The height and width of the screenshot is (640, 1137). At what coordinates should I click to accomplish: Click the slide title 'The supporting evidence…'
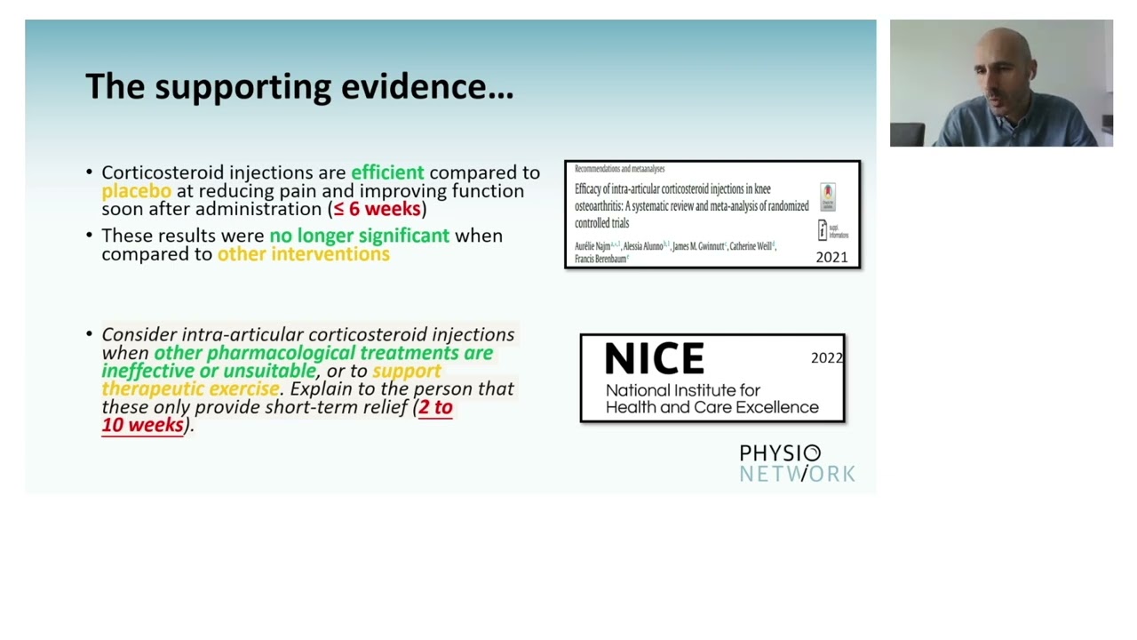[299, 87]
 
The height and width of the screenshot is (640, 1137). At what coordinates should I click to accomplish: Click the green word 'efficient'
[387, 172]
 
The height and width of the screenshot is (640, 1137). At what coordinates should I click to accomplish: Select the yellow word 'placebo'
[136, 191]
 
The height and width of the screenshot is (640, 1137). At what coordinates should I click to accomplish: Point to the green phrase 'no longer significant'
[359, 236]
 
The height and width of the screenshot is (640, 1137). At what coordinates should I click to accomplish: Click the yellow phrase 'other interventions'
[303, 254]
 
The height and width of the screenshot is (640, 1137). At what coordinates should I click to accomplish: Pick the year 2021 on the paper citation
[831, 257]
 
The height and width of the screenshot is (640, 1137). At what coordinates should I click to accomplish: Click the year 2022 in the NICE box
[826, 357]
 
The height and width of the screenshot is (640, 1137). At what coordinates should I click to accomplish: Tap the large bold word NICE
[655, 359]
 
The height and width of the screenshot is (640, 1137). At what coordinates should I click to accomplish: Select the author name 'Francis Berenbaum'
[600, 260]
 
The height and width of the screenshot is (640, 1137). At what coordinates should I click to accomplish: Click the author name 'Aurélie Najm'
[592, 246]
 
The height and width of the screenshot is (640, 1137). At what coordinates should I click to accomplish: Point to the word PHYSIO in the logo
[780, 454]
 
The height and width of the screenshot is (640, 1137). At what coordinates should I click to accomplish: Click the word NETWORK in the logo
[797, 474]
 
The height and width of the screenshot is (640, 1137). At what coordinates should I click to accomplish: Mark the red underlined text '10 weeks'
[143, 425]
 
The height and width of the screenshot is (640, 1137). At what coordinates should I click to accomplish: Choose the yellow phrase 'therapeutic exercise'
[190, 388]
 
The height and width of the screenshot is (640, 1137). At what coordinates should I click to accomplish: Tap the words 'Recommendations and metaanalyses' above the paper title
[619, 169]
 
